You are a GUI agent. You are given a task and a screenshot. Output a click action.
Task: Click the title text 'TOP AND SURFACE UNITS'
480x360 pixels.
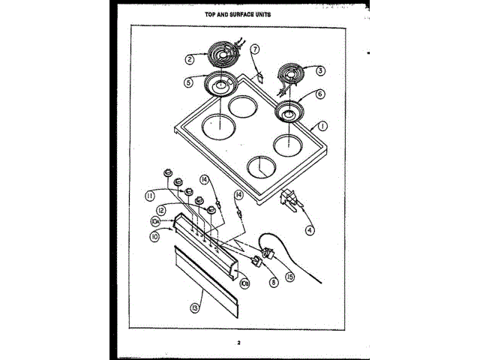tap(238, 13)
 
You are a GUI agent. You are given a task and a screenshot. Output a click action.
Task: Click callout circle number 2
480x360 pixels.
tap(190, 58)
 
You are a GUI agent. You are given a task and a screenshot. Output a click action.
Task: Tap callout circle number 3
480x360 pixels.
tap(320, 71)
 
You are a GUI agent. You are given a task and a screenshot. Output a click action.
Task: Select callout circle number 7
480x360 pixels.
tap(255, 49)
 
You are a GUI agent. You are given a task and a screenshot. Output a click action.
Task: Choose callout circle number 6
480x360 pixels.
tap(320, 95)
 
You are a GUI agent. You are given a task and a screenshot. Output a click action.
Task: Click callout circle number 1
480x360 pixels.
tap(322, 127)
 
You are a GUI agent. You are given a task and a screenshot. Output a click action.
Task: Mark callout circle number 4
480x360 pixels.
tap(310, 230)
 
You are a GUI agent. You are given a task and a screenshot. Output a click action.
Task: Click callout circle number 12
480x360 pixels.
tap(160, 211)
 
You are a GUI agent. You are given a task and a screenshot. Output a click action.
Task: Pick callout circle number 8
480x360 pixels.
tap(274, 282)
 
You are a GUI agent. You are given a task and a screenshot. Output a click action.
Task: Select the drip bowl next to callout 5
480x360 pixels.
tap(220, 87)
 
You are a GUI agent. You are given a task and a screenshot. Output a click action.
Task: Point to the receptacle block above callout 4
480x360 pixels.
tap(289, 201)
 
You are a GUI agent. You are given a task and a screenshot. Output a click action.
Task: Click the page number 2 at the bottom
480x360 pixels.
tap(239, 343)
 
